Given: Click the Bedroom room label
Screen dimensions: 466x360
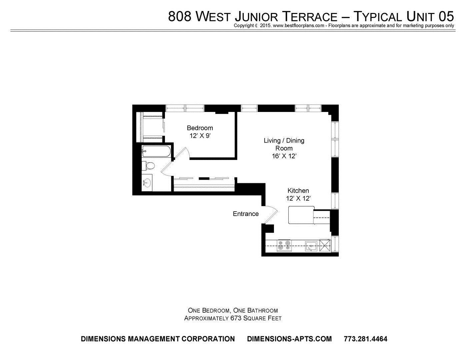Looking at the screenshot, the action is tap(200, 128).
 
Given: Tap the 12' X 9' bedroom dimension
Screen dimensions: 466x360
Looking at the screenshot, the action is tap(200, 136).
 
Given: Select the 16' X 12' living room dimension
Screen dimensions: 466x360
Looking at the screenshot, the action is tap(284, 156).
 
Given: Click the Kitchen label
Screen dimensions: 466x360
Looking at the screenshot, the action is tap(298, 191).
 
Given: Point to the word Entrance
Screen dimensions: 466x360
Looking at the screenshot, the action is tap(246, 214).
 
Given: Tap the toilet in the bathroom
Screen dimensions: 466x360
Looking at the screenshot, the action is tap(148, 166).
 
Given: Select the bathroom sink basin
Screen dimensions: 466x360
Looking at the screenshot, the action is tap(147, 183).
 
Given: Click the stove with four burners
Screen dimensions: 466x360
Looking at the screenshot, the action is tap(284, 246).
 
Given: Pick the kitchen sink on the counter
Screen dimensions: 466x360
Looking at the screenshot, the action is tap(311, 246).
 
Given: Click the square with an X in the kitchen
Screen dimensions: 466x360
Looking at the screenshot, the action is tap(325, 246).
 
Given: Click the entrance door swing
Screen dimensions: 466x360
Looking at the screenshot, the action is tap(271, 214).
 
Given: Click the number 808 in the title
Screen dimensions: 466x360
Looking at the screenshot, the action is tap(180, 17).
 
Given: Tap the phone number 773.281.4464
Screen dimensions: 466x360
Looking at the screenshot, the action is tap(365, 339).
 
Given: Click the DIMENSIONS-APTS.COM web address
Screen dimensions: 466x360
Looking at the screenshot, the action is tap(289, 339).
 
